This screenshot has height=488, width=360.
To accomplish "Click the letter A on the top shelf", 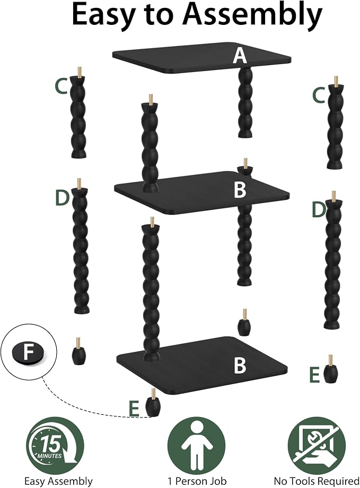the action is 240,56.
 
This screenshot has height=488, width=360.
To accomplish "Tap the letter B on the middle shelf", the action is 240,190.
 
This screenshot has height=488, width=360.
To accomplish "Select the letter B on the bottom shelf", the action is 240,365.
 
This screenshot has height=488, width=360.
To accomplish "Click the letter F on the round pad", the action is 28,352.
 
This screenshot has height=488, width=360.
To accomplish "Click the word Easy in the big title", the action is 102,15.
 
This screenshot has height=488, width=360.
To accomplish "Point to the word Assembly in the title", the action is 253,15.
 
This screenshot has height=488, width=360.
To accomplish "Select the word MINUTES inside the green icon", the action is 50,456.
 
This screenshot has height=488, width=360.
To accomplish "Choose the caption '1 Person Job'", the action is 197,481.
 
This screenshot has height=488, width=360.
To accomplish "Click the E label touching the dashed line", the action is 134,409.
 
